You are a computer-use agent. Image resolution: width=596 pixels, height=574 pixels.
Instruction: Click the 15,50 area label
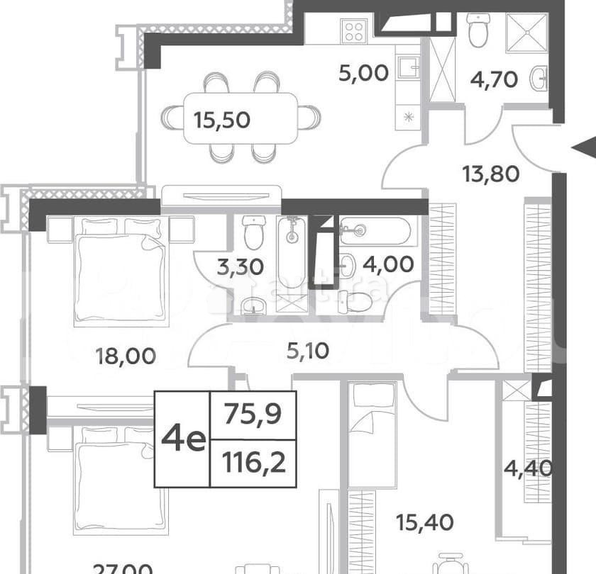[222, 120]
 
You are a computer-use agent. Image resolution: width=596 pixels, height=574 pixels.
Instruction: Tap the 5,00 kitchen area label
[364, 73]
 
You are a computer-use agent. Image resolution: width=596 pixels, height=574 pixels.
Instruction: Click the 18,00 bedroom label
[126, 355]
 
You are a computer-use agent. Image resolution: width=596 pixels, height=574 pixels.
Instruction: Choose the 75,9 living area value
[253, 412]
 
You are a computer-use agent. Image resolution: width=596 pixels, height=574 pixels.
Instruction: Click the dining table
[241, 118]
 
